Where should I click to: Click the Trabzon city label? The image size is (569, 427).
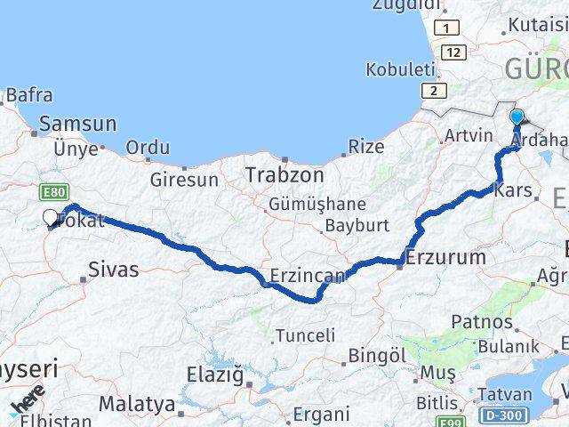coord(280,173)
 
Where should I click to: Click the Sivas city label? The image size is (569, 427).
coord(114,269)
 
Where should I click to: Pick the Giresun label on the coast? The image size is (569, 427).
coord(184,179)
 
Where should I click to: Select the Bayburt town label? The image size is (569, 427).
coord(355,225)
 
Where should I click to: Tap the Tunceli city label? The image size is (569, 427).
coord(306,335)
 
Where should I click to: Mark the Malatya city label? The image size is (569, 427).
coord(137,404)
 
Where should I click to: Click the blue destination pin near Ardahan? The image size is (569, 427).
coord(517,117)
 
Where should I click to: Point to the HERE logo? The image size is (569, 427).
coord(26,399)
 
